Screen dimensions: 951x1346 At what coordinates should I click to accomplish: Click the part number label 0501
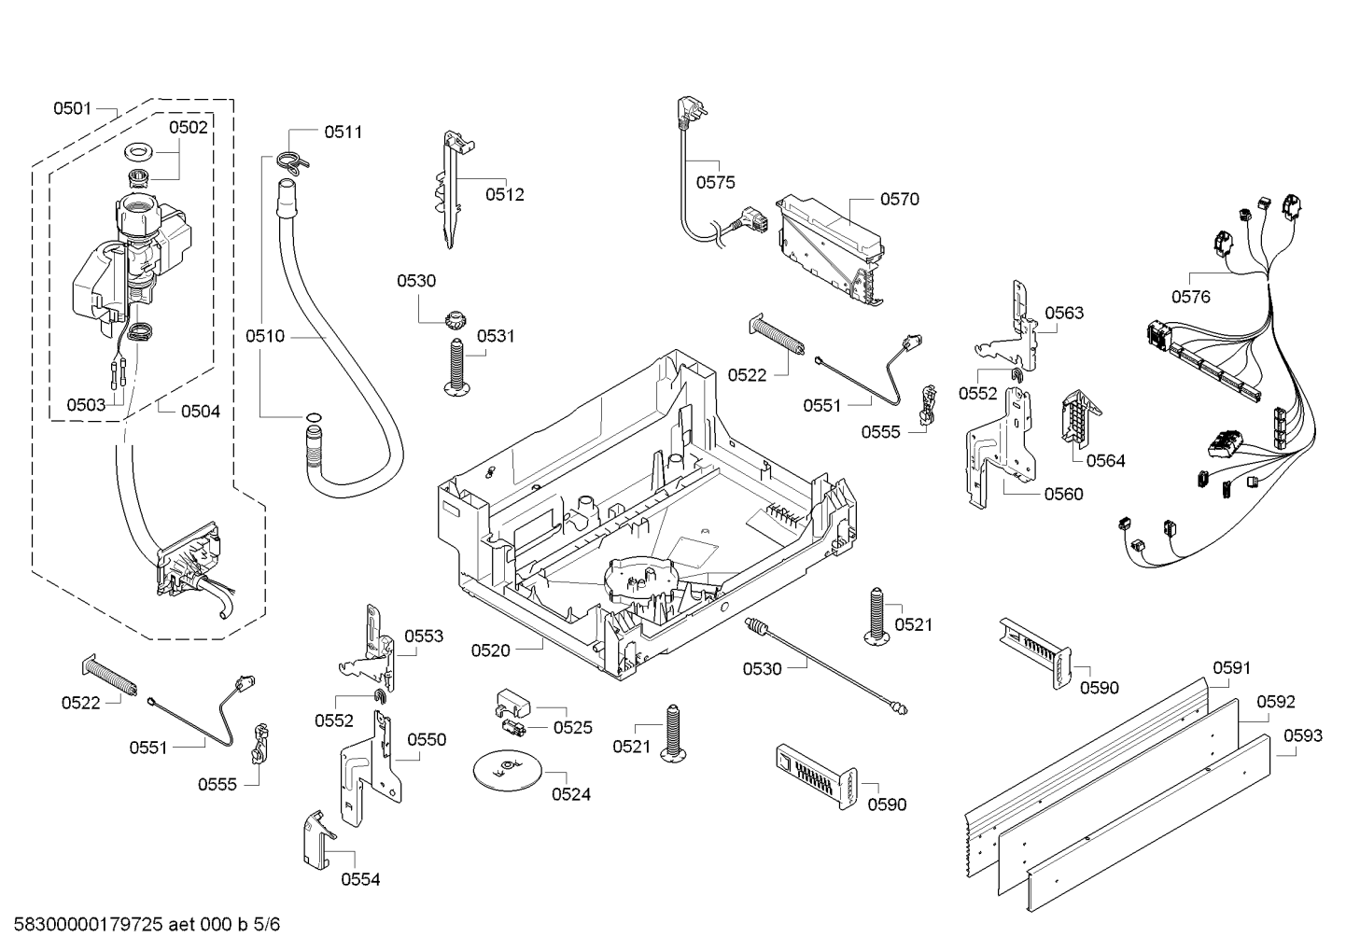72,108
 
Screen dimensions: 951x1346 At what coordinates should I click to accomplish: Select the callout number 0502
189,127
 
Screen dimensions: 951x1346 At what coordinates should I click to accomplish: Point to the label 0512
504,194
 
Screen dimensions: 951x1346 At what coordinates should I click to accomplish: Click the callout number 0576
1190,297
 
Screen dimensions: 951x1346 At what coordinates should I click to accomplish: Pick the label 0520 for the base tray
490,650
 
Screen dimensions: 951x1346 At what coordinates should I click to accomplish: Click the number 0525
572,727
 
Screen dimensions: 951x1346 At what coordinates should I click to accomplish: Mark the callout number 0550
427,739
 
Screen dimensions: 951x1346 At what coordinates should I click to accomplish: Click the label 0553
423,636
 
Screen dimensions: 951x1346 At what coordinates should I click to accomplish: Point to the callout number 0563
1064,313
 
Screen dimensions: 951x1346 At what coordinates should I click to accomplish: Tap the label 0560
1063,494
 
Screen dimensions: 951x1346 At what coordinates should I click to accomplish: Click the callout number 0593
1302,735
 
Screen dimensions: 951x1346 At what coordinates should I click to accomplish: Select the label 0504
201,411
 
